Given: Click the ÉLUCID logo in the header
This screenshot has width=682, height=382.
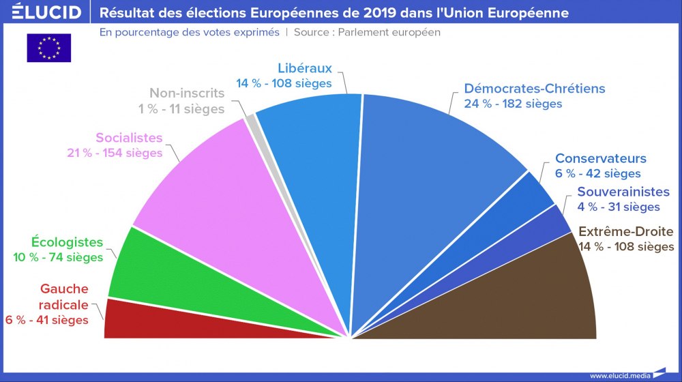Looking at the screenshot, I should (42, 12).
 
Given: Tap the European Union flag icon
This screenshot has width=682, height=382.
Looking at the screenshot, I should (48, 48).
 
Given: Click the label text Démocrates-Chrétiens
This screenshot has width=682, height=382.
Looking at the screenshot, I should (534, 89).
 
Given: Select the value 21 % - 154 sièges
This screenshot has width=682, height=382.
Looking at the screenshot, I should (115, 153).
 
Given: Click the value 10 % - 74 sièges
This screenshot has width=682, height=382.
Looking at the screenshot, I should (58, 257).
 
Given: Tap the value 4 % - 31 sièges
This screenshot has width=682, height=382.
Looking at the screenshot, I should (619, 207).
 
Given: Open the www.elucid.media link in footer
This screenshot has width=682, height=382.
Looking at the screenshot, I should (619, 375).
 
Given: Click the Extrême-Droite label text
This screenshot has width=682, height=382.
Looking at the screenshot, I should (625, 231).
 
